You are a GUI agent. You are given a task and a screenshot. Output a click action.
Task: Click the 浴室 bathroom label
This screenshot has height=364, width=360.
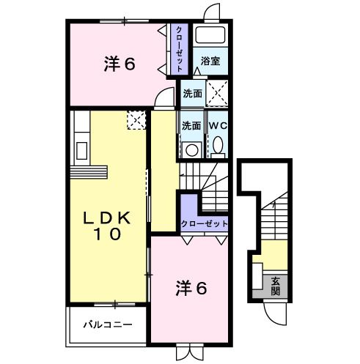(210, 61)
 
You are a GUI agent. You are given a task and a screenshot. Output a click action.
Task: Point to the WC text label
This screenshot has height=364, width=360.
(218, 125)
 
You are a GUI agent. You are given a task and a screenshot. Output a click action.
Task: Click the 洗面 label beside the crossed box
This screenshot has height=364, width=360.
(193, 93)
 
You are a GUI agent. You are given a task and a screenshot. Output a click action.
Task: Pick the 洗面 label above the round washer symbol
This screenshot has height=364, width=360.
(191, 125)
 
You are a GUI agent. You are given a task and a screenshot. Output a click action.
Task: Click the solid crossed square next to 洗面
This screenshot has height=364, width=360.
(216, 93)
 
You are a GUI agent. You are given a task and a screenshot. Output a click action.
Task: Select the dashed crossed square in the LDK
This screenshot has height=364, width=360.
(136, 119)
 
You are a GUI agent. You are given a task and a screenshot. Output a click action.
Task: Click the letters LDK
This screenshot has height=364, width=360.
(106, 218)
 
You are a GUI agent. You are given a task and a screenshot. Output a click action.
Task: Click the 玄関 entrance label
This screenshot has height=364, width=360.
(275, 285)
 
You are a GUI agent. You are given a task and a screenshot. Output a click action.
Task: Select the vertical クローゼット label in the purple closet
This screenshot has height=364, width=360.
(178, 48)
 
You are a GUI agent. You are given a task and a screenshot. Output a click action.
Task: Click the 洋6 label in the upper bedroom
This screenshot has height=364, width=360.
(119, 64)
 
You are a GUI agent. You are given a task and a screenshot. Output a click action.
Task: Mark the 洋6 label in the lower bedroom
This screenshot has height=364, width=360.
(191, 288)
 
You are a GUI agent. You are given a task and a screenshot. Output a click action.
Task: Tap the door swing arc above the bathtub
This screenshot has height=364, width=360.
(213, 12)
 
